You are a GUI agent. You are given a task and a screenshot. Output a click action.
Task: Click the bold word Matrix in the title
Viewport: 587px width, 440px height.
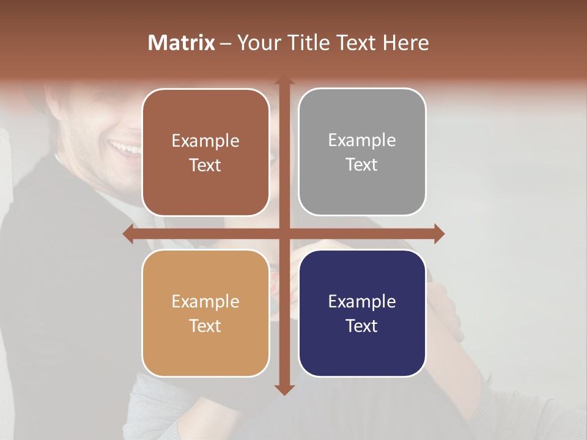(x=182, y=43)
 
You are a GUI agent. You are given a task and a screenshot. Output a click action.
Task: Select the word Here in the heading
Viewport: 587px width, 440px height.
(x=405, y=43)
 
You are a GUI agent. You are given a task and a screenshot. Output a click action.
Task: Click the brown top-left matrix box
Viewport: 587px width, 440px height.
(x=205, y=153)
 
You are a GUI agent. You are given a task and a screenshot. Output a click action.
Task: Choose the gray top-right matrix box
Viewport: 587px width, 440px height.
(x=362, y=152)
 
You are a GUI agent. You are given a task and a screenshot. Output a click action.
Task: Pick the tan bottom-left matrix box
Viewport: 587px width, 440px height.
(x=205, y=313)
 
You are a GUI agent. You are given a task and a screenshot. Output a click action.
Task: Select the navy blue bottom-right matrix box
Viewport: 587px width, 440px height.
(x=362, y=313)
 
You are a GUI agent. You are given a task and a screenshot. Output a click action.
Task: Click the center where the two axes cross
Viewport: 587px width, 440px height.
(x=284, y=234)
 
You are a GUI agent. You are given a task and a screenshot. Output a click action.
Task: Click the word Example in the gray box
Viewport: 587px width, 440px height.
(x=362, y=140)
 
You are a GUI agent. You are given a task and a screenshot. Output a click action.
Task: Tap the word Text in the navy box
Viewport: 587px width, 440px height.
(x=362, y=326)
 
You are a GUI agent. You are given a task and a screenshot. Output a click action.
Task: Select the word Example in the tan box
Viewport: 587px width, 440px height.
(x=205, y=301)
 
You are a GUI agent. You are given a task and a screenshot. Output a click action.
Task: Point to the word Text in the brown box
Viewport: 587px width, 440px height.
(x=205, y=166)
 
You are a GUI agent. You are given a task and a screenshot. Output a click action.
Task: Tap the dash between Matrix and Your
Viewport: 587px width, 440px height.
(x=226, y=43)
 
